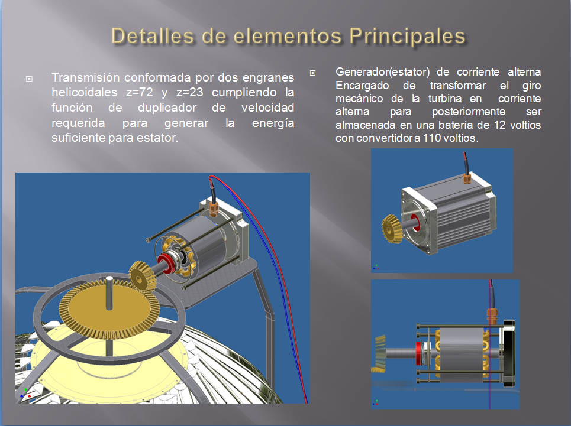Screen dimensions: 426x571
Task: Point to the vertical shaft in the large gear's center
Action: (x=109, y=292)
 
